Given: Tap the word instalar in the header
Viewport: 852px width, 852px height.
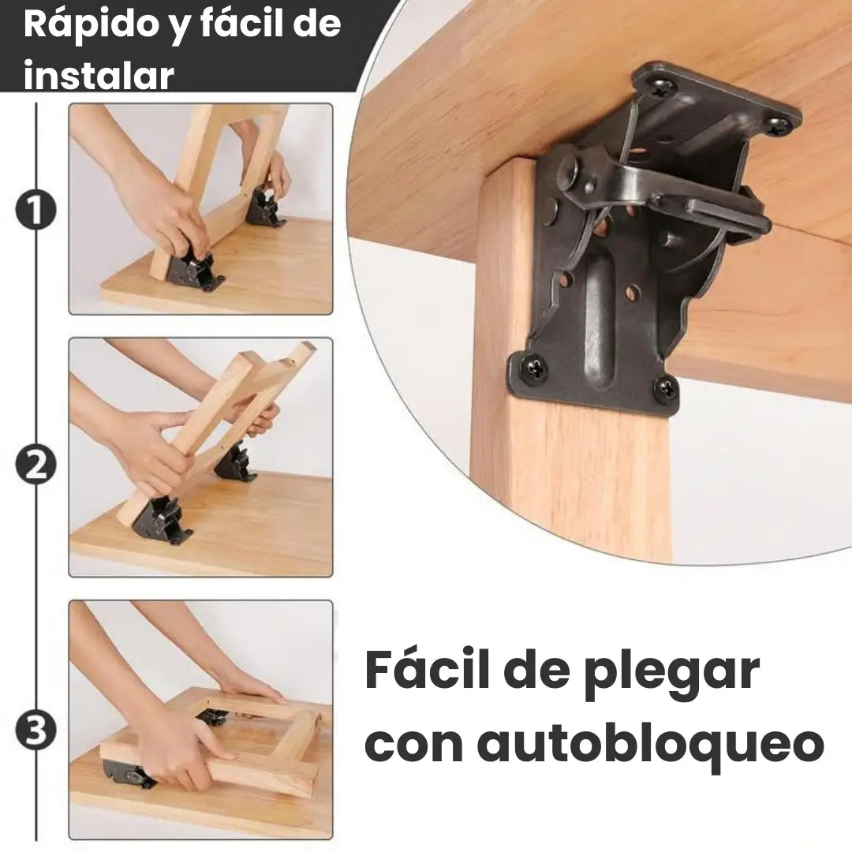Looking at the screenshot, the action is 99,75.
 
